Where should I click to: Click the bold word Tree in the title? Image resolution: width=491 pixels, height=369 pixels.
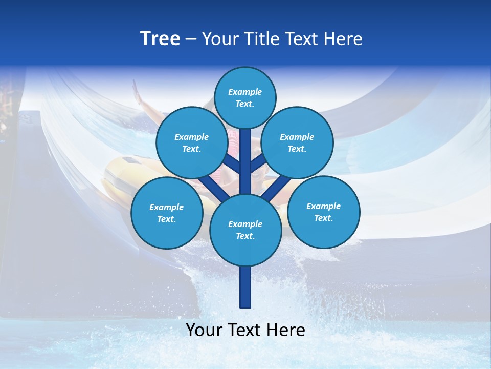click(x=160, y=39)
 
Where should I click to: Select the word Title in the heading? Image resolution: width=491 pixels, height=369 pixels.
click(x=261, y=39)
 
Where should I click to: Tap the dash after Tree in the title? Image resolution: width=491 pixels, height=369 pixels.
click(x=191, y=39)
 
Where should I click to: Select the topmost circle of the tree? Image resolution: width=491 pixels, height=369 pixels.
click(x=245, y=97)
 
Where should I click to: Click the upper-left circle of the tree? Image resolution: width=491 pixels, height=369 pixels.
click(x=191, y=142)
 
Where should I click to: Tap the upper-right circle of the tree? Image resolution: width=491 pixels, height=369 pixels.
click(x=297, y=142)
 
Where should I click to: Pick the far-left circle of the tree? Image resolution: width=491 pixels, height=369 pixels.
click(x=167, y=213)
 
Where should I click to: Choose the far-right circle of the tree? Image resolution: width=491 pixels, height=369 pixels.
click(x=323, y=212)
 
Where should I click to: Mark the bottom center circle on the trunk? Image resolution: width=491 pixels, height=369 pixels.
click(x=245, y=230)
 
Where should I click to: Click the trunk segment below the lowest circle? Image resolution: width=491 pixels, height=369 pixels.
click(x=245, y=287)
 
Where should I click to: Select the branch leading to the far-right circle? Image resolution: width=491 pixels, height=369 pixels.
click(x=279, y=187)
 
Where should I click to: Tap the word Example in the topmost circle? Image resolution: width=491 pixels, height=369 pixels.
click(x=245, y=92)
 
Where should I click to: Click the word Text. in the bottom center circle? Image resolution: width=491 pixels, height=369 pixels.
click(x=245, y=236)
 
